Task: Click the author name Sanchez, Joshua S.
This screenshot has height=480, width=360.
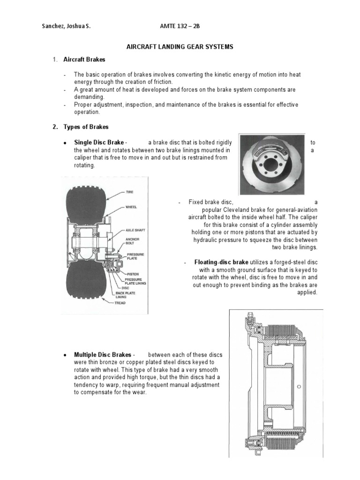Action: (67, 26)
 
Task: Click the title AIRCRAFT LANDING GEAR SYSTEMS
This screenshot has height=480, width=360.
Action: (180, 47)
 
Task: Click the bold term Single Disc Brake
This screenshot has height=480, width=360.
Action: (99, 142)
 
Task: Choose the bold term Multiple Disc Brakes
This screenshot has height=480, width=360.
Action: (103, 354)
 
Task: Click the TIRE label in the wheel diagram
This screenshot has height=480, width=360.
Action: (129, 192)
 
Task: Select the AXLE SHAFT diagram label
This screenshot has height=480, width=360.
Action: (135, 231)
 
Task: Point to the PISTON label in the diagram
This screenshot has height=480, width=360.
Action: (133, 274)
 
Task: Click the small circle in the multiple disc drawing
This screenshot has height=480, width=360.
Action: (299, 387)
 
